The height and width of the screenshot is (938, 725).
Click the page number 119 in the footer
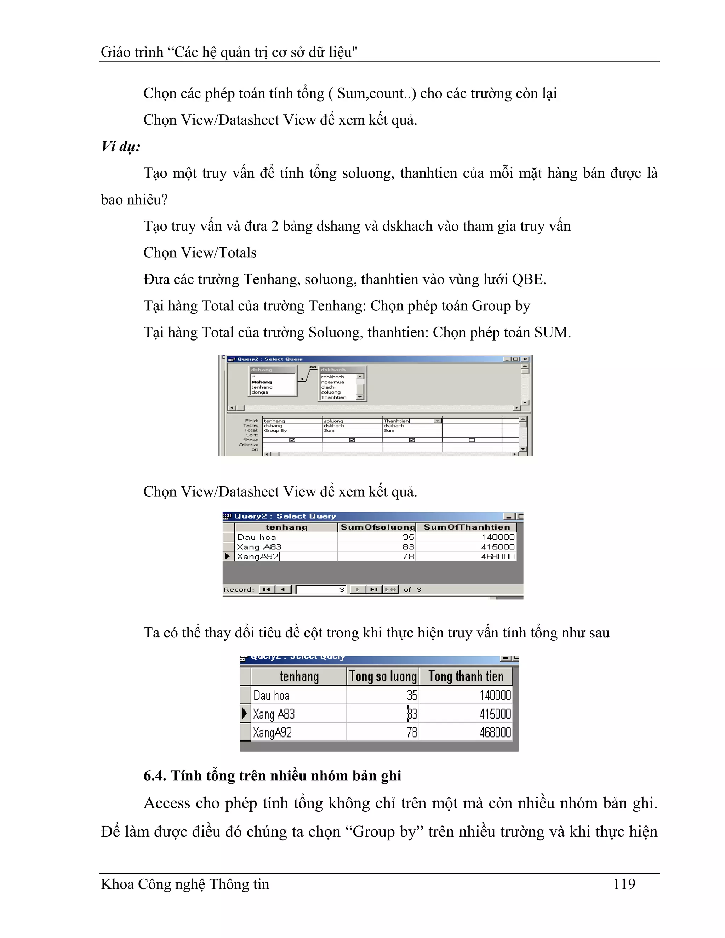pos(624,884)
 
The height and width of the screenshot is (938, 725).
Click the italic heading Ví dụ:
pos(121,147)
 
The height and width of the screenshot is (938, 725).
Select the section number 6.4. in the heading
pos(155,776)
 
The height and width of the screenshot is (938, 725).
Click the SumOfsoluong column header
pos(377,527)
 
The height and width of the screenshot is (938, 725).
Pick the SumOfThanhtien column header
pos(467,527)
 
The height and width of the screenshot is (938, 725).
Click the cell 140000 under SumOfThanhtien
pos(497,537)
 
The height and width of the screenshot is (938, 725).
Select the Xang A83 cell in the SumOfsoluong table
pos(259,547)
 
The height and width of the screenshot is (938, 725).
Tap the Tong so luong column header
pos(383,676)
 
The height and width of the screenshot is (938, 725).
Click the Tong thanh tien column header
pos(466,676)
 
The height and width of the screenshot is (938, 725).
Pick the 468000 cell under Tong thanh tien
pos(495,732)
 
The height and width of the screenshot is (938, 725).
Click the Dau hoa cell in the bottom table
pos(272,695)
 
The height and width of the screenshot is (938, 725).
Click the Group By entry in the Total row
pos(275,430)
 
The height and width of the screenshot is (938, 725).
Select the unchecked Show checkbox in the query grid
pos(472,440)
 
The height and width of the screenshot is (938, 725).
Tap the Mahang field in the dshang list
pos(262,382)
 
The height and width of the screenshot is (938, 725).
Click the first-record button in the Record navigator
pos(266,590)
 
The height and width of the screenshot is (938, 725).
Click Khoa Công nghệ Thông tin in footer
pos(185,884)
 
